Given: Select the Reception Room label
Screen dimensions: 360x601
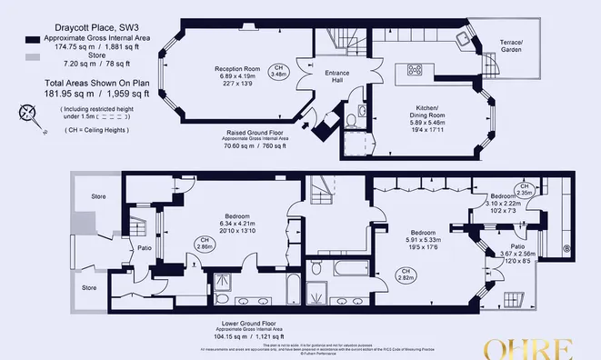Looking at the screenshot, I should pos(237,69).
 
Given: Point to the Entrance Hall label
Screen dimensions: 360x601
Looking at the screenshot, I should pos(326,76).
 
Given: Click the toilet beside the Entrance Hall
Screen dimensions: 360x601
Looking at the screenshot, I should pos(363,112).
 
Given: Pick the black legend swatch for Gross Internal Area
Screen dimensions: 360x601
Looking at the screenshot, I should pos(33,41).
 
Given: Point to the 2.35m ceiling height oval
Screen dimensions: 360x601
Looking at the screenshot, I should pos(526,191).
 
